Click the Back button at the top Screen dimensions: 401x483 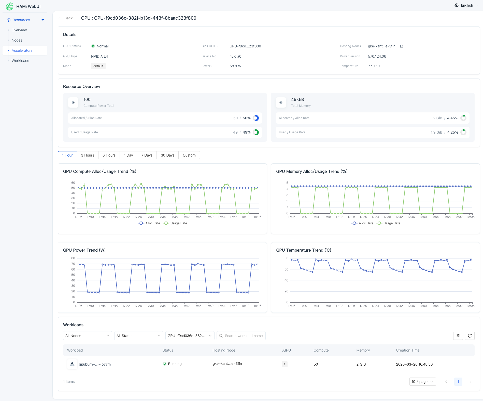[66, 18]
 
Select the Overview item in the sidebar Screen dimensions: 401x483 [19, 30]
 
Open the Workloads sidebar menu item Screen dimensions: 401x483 [20, 61]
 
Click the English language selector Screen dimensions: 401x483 [467, 5]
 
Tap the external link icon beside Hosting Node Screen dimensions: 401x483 [402, 46]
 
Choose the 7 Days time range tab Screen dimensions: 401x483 [147, 155]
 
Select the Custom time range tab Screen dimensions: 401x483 [189, 155]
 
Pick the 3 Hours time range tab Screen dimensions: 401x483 [88, 155]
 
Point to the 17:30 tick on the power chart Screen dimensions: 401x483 [150, 306]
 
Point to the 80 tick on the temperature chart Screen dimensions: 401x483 [286, 258]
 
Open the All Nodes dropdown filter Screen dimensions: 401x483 [87, 336]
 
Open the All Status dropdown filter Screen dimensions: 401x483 [138, 336]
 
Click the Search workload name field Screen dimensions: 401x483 [244, 336]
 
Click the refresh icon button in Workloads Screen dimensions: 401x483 [470, 336]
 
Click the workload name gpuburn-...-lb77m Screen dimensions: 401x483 [95, 364]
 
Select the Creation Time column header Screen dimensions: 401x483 [408, 350]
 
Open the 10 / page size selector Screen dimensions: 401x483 [422, 382]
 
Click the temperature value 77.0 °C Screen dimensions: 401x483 [374, 66]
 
